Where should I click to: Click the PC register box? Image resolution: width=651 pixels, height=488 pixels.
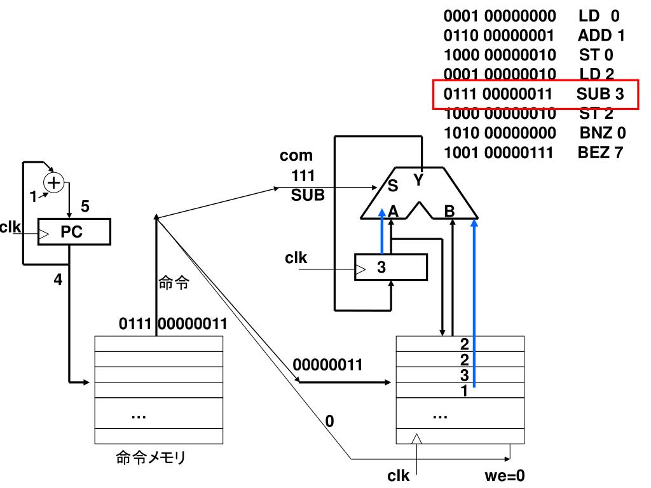click(74, 231)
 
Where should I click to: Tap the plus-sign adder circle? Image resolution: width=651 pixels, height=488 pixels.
click(54, 183)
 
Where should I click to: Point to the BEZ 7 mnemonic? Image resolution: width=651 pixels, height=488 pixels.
click(600, 152)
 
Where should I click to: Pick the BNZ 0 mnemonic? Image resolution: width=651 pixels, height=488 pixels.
click(603, 133)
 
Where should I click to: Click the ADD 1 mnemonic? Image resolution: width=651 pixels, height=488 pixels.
click(601, 36)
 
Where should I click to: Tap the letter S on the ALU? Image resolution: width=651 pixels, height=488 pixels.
click(393, 186)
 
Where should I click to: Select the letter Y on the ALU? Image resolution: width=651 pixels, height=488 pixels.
click(418, 180)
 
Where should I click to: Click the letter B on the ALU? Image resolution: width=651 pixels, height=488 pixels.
click(449, 211)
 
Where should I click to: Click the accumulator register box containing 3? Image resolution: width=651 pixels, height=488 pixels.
click(391, 268)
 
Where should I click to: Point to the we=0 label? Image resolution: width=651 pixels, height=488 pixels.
click(504, 475)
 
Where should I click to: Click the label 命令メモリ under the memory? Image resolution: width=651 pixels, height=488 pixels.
click(150, 457)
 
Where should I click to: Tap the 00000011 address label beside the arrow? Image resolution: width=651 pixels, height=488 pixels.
click(327, 365)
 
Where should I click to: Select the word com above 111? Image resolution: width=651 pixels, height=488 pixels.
click(296, 156)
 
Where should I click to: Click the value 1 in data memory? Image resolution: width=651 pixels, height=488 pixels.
click(464, 391)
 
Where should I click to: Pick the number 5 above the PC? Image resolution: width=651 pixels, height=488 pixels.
click(85, 207)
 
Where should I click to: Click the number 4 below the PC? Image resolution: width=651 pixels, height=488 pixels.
click(58, 280)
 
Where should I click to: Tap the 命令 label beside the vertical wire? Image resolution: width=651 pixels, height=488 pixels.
click(174, 283)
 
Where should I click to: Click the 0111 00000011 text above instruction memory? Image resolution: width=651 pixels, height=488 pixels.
click(173, 323)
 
